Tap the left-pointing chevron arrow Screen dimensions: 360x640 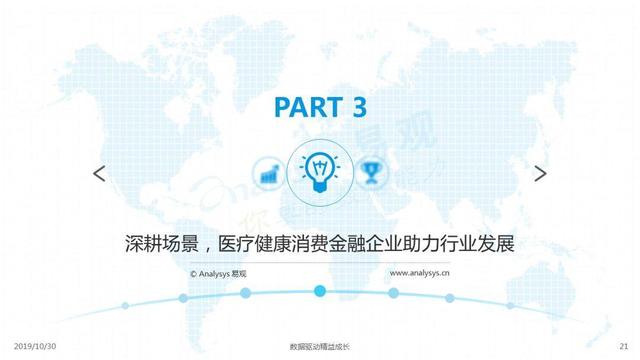pyautogui.click(x=99, y=173)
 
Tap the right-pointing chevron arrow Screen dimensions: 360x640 pyautogui.click(x=540, y=173)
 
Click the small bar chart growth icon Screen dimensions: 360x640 pyautogui.click(x=268, y=173)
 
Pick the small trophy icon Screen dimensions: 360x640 pyautogui.click(x=372, y=173)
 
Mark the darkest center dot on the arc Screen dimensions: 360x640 pyautogui.click(x=320, y=291)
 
